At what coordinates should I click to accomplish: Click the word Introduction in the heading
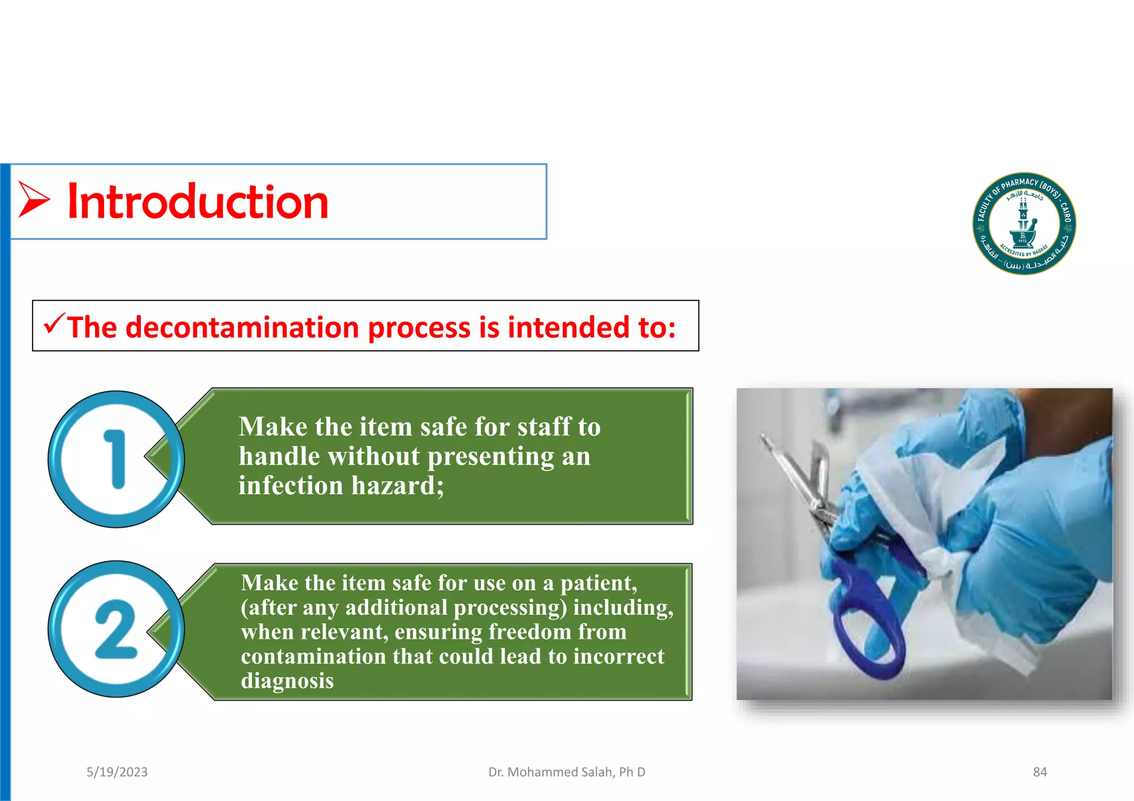(x=198, y=202)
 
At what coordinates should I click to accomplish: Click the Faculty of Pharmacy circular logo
(x=1024, y=223)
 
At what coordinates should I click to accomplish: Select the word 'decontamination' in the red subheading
(x=243, y=327)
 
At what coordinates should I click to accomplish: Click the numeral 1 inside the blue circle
(x=116, y=459)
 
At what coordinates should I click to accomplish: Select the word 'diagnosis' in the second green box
(x=287, y=681)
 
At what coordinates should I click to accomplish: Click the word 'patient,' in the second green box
(x=599, y=583)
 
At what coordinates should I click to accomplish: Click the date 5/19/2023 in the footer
(x=117, y=772)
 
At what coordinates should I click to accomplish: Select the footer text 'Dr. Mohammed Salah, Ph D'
(x=566, y=772)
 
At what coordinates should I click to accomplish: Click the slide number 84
(x=1039, y=772)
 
